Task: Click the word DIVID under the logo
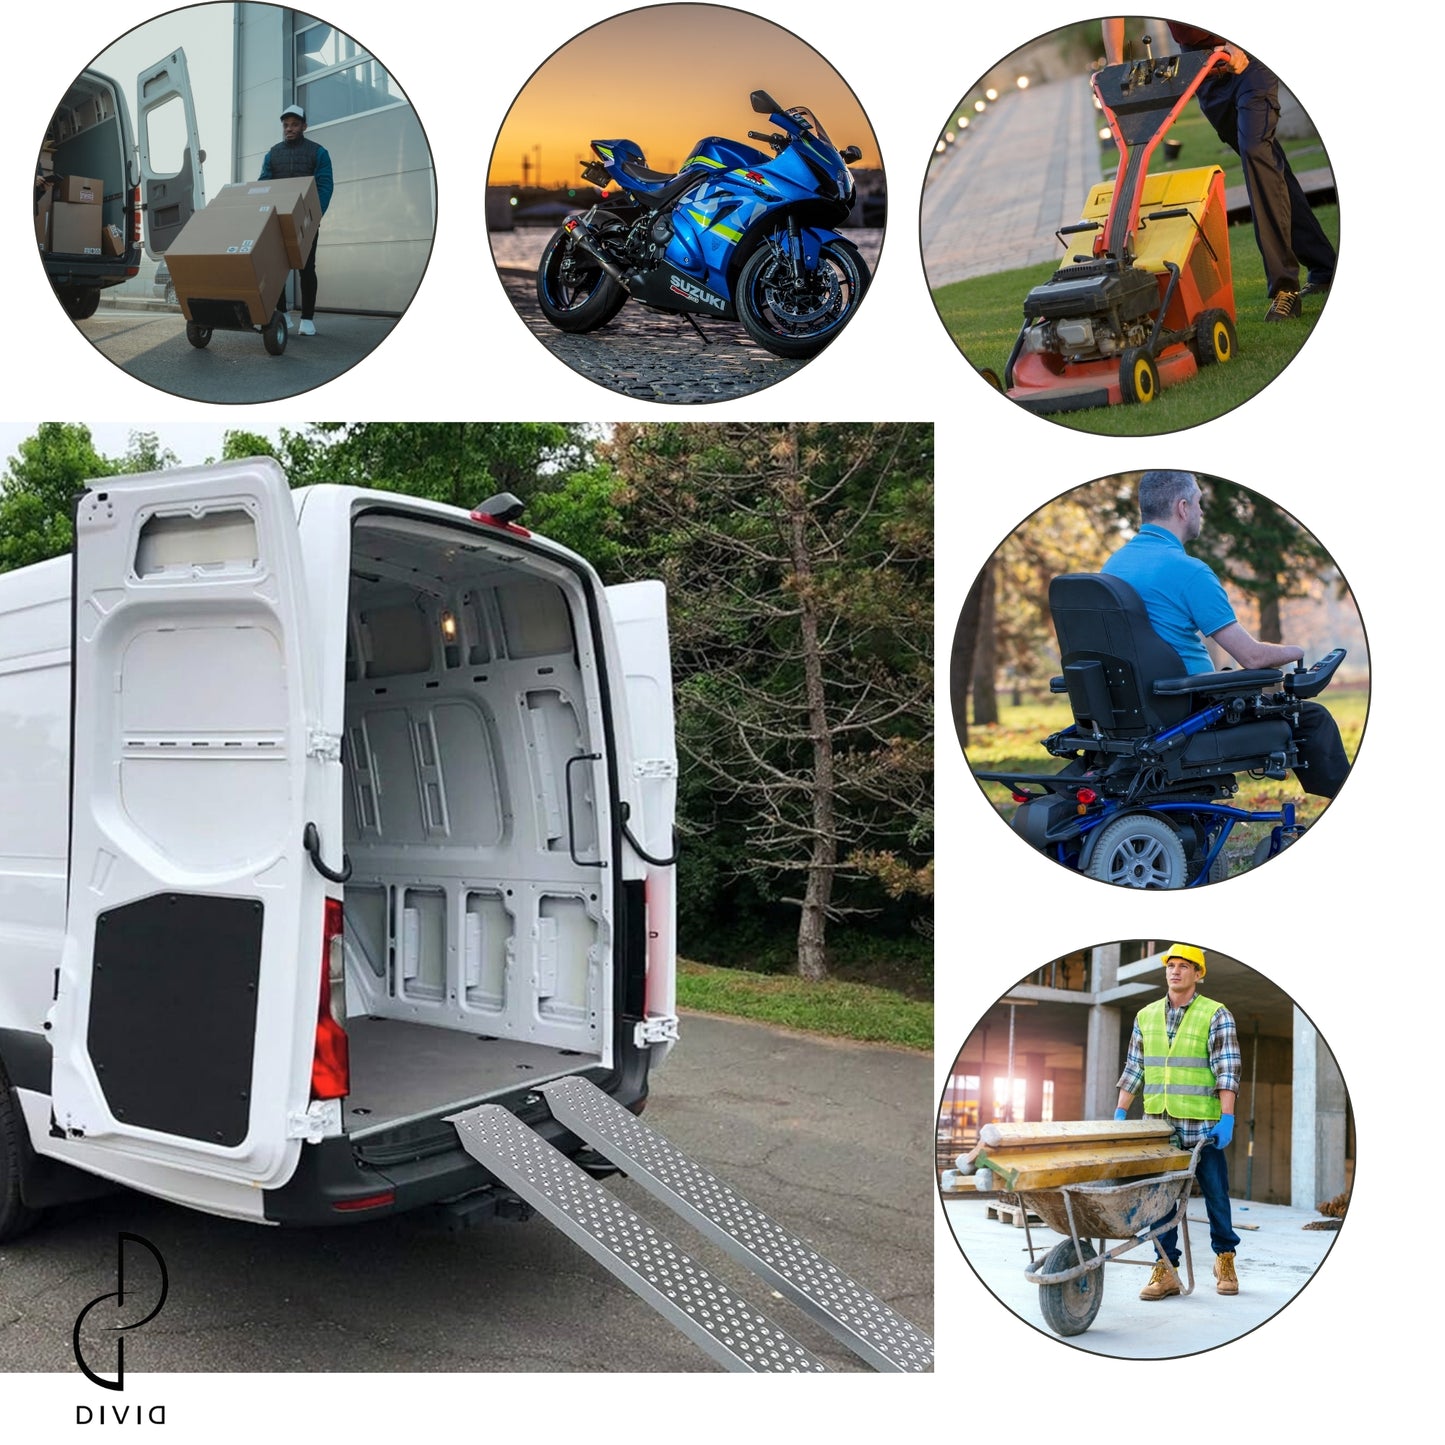120,1415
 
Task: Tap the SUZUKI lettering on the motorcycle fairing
697,292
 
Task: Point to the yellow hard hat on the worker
1184,959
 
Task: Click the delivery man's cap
293,112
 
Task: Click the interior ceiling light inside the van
449,625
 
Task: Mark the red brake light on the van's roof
500,523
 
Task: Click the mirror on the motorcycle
761,101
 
